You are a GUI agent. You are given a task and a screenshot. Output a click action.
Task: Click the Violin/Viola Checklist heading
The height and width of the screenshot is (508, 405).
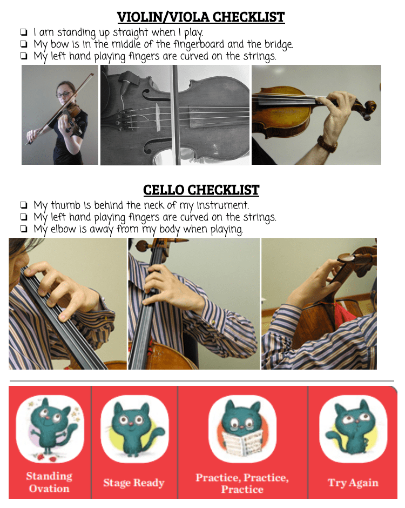[201, 17]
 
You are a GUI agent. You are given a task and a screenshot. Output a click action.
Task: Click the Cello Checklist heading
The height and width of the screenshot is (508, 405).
[201, 190]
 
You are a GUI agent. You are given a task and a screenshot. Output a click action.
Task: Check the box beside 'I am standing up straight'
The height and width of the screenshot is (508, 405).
[23, 32]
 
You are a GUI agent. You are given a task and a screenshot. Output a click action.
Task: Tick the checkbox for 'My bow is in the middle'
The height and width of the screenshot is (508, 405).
[23, 44]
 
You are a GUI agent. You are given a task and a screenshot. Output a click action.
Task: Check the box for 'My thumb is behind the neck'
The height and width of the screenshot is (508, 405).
[23, 205]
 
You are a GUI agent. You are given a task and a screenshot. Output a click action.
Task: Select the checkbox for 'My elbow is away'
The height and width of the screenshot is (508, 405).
[23, 229]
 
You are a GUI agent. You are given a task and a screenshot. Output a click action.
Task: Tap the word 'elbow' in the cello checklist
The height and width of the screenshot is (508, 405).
[64, 229]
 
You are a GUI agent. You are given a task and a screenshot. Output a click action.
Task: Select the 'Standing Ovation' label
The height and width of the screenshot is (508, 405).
[49, 482]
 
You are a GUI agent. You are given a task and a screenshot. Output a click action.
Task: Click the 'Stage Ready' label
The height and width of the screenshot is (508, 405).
[134, 483]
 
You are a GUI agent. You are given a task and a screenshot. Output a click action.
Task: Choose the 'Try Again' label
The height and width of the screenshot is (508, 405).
[353, 483]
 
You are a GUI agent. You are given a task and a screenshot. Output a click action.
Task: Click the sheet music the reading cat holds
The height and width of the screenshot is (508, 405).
[242, 443]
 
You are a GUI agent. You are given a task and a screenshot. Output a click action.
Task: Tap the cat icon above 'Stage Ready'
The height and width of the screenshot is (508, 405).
[134, 429]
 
